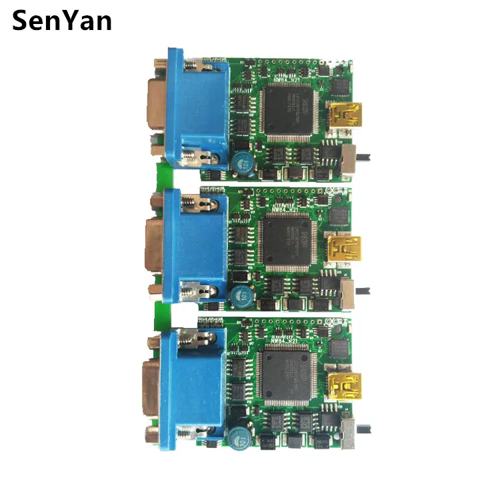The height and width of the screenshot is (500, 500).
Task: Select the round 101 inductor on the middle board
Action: pyautogui.click(x=239, y=295)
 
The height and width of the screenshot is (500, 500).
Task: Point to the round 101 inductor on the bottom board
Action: pyautogui.click(x=237, y=435)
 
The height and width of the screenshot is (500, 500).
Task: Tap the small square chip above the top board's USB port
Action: pyautogui.click(x=340, y=85)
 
